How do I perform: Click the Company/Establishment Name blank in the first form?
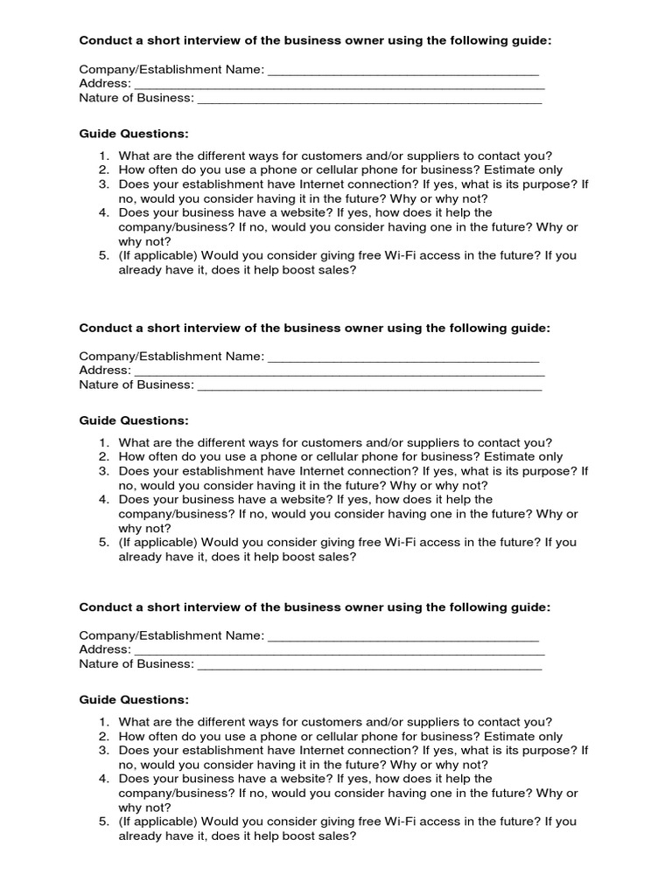(x=402, y=70)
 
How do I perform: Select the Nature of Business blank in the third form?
(x=369, y=664)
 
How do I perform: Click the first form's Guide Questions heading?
(x=134, y=134)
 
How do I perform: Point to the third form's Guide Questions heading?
(x=134, y=700)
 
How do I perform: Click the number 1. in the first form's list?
(x=104, y=156)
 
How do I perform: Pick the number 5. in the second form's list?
(x=104, y=542)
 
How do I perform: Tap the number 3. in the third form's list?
(x=104, y=750)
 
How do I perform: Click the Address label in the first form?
(x=105, y=84)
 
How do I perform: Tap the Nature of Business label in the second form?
(x=136, y=385)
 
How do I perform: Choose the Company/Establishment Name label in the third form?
(x=171, y=636)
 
